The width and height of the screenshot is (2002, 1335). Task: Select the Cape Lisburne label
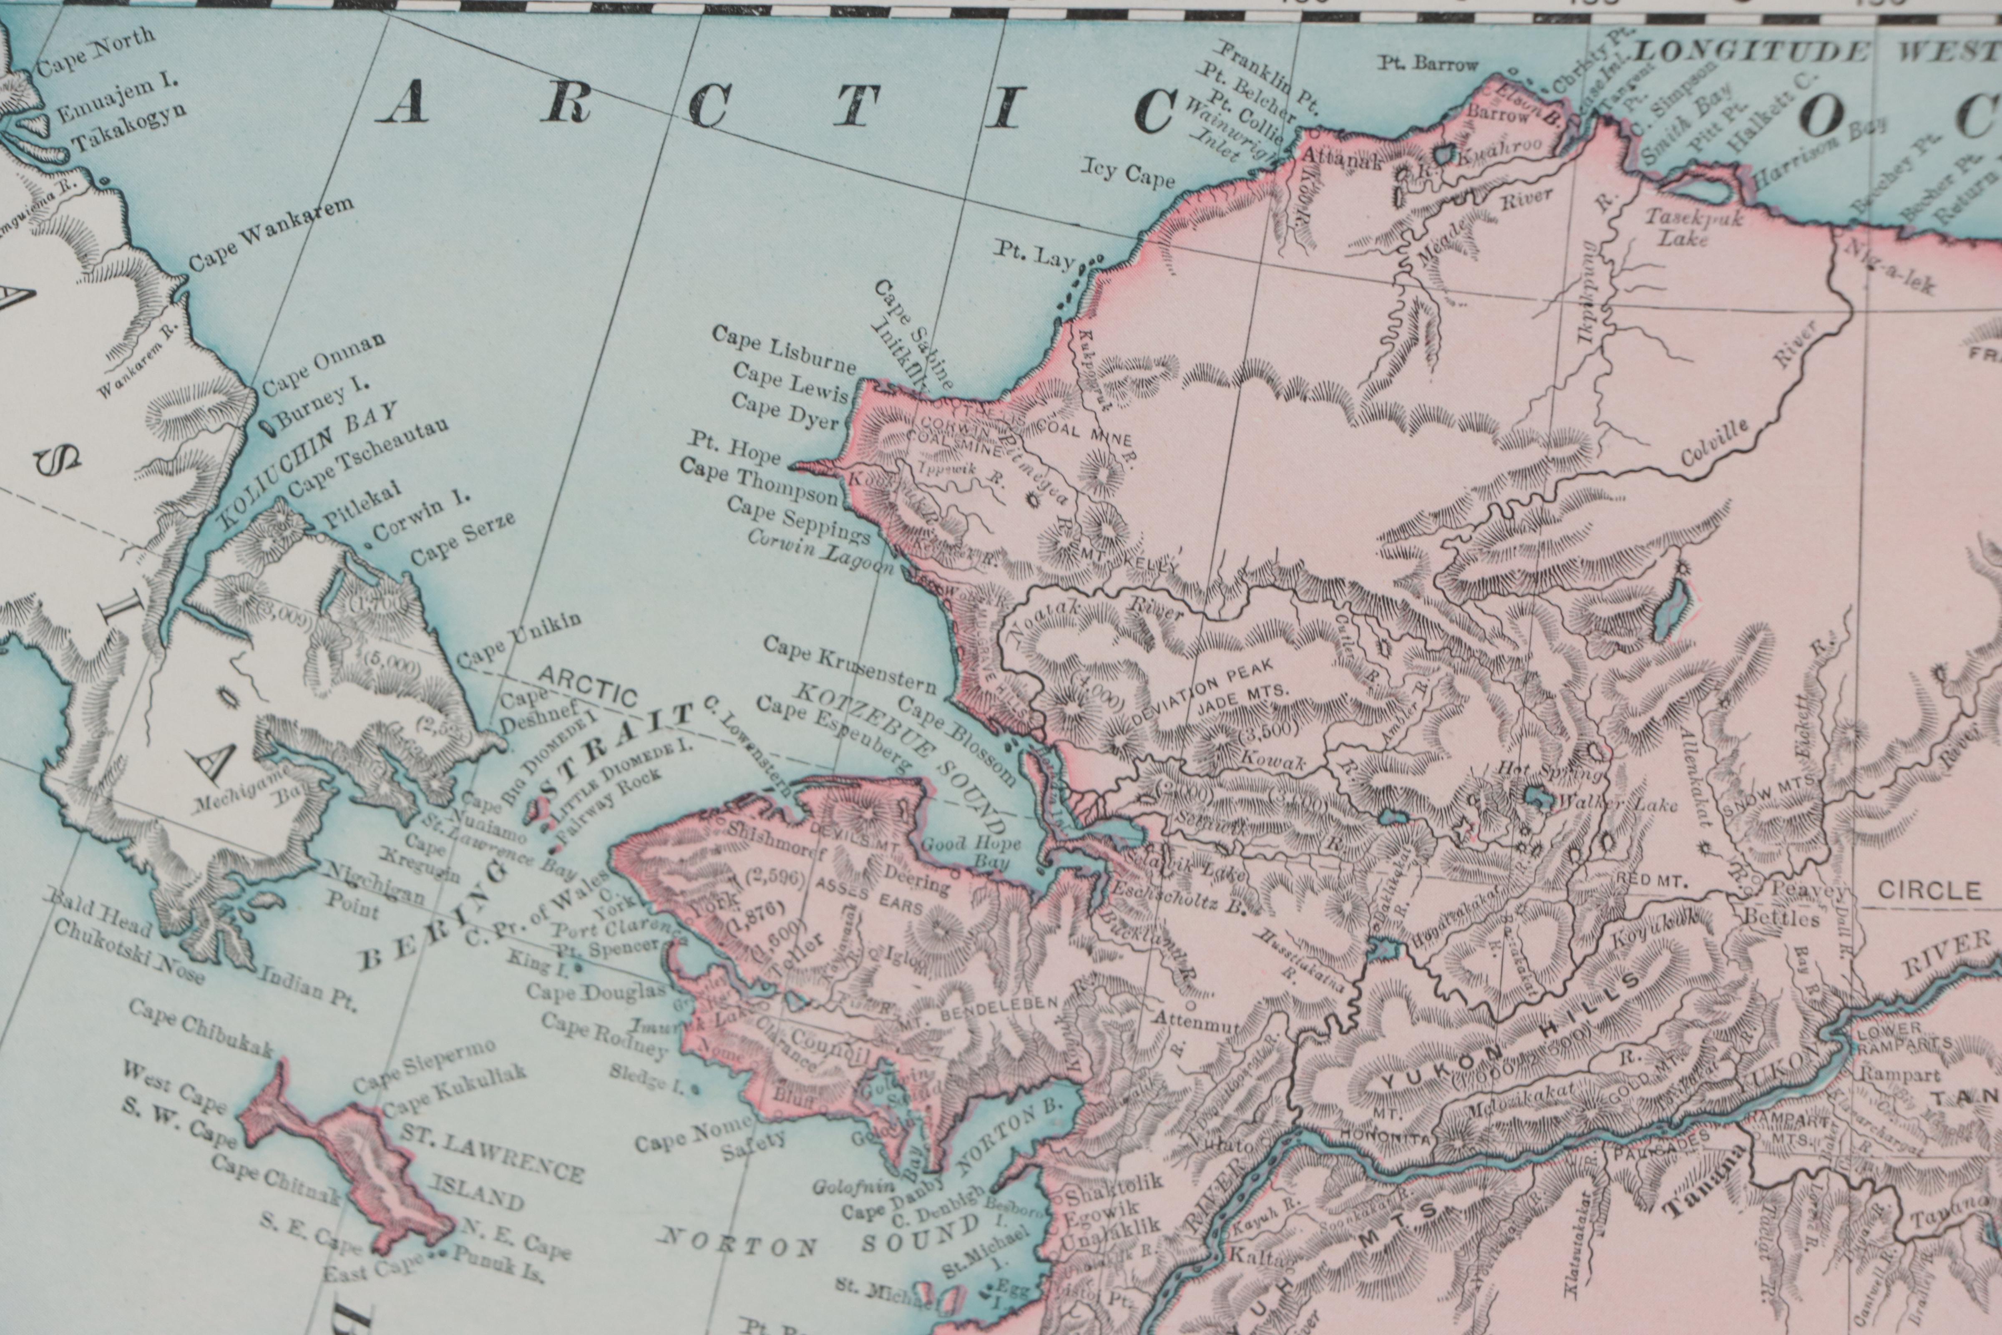[x=784, y=350]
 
